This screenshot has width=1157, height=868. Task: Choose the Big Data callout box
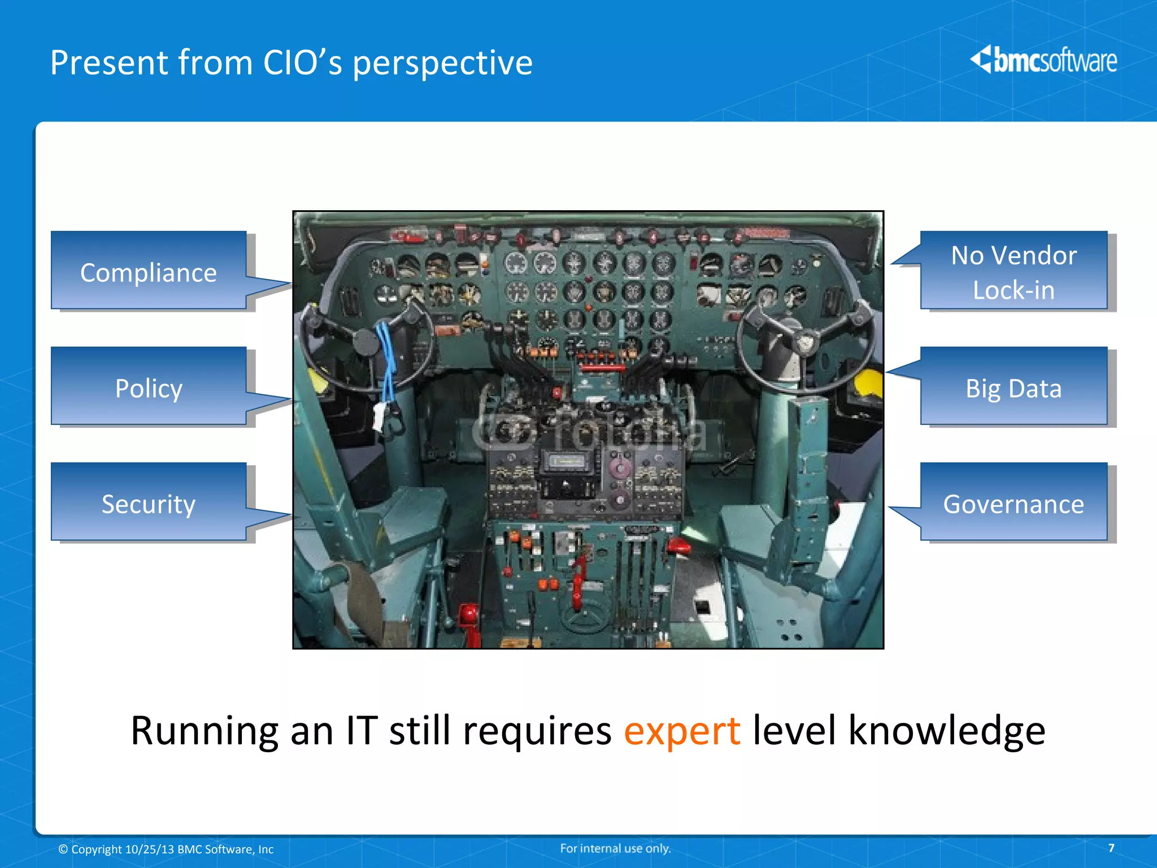1014,388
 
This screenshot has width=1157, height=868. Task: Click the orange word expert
681,730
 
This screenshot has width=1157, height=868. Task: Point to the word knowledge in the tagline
947,730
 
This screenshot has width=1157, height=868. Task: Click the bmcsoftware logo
1044,60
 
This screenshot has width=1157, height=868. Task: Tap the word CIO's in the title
302,62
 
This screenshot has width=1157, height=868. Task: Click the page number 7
1111,848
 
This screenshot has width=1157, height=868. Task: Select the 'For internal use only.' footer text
615,848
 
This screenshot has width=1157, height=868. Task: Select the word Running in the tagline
204,730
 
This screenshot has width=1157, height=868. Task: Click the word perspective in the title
442,63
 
